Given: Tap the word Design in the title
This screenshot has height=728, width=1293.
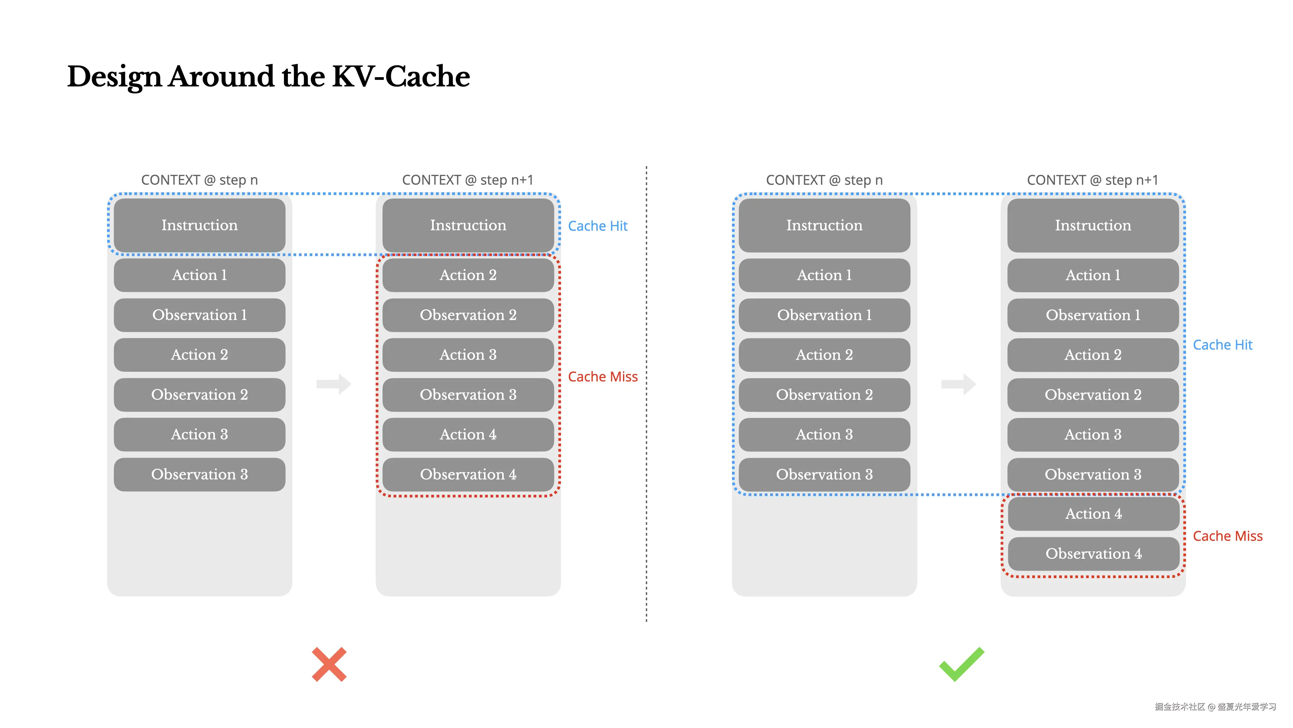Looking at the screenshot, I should click(x=114, y=77).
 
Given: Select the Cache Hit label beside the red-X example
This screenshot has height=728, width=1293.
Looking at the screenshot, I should click(x=597, y=226).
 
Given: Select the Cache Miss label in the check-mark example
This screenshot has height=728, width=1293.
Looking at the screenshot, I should click(x=1227, y=536).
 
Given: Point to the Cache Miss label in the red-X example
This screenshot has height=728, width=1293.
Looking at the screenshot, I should click(x=602, y=377).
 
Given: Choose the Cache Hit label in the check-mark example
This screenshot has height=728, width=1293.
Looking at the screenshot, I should click(x=1222, y=345).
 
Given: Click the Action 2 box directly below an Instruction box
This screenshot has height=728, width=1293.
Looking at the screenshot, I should click(x=468, y=275).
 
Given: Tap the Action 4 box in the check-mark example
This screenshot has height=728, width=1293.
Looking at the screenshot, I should click(x=1093, y=513).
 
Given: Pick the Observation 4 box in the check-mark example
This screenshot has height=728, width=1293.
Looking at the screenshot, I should click(x=1093, y=554).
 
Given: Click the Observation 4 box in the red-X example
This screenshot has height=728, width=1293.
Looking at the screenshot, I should click(x=468, y=474).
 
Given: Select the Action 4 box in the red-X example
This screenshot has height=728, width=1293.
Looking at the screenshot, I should click(x=468, y=434).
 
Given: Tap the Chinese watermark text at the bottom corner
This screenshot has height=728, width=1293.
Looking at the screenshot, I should click(x=1215, y=706).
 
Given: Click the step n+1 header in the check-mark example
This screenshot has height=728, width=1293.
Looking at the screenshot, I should click(x=1092, y=180).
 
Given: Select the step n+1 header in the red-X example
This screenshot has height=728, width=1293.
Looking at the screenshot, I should click(x=467, y=180).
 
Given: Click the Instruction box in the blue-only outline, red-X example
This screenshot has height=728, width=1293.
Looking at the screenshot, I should click(x=199, y=225).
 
